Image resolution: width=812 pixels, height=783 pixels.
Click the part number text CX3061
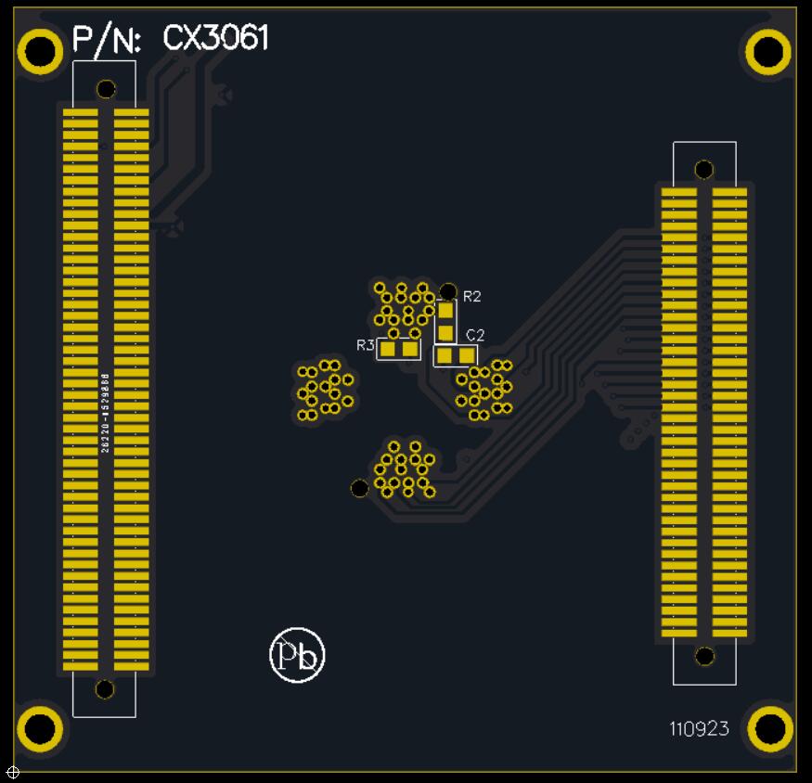tap(216, 38)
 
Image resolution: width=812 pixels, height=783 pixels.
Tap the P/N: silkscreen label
tap(106, 40)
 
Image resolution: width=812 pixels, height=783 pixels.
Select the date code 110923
tap(699, 729)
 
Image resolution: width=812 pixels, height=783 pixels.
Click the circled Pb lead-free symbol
tap(297, 655)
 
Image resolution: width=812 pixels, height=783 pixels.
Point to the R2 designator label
tap(472, 297)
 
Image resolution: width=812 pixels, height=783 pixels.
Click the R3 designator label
tap(365, 345)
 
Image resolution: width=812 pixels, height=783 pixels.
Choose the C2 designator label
tap(475, 335)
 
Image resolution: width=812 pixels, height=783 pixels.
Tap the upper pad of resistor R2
tap(446, 312)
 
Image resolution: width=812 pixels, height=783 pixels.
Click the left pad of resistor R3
tap(389, 349)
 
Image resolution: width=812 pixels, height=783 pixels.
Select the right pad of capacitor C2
tap(467, 355)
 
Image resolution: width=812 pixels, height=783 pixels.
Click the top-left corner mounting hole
tap(40, 51)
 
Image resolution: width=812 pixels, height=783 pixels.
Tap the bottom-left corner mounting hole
tap(40, 728)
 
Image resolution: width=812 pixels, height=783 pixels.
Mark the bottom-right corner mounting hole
tap(768, 728)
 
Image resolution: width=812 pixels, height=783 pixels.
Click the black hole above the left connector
tap(106, 89)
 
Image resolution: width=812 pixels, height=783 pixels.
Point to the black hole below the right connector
tap(704, 656)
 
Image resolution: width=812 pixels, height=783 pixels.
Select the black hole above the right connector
tap(704, 169)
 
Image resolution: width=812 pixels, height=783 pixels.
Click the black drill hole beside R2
tap(448, 291)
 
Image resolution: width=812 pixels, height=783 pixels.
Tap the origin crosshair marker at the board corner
tap(13, 772)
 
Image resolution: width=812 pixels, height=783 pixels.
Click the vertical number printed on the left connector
tap(105, 412)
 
